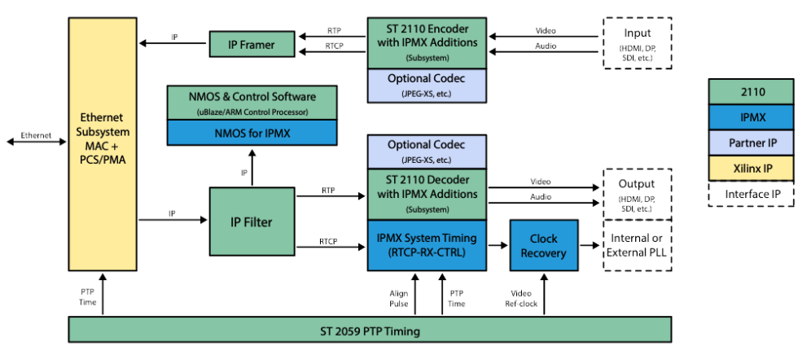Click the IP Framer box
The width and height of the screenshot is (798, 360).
(x=252, y=44)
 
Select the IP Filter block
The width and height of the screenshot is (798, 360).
(x=252, y=221)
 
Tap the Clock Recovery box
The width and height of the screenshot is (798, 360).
(x=544, y=245)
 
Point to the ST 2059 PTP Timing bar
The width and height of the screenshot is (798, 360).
(x=370, y=331)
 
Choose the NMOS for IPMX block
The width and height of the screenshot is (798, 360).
(x=252, y=133)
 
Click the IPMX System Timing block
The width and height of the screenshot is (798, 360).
(x=426, y=245)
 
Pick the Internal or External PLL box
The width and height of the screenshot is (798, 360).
(x=637, y=245)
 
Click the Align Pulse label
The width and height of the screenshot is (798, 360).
(x=399, y=298)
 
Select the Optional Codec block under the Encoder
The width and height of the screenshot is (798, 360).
(x=426, y=86)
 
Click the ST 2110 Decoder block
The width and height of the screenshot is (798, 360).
(x=426, y=195)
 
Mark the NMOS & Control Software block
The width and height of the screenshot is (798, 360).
(x=252, y=102)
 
